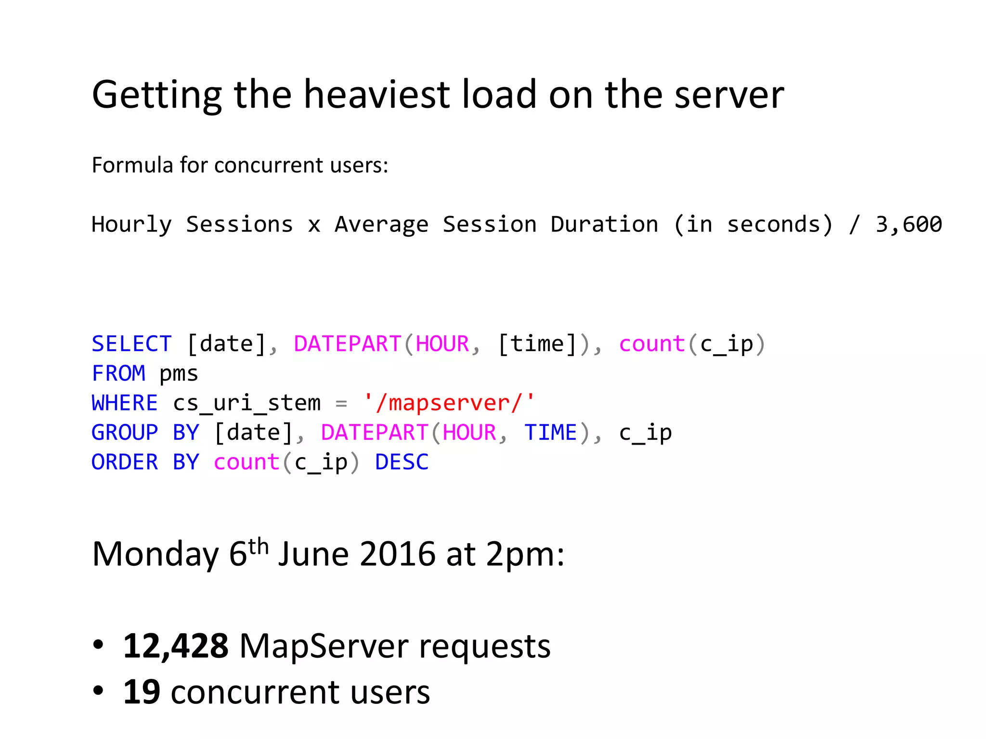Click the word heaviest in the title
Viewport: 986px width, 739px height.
[x=376, y=94]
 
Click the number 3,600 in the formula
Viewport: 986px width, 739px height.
[x=908, y=224]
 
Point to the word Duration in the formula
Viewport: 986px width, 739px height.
[x=604, y=224]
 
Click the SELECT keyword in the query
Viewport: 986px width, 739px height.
[x=131, y=344]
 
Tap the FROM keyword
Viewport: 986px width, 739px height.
[x=118, y=373]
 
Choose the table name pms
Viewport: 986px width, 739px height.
[x=179, y=374]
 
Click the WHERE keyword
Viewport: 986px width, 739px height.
[x=125, y=403]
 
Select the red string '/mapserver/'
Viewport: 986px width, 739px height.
[x=449, y=403]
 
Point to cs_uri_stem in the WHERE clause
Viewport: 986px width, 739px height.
[x=246, y=403]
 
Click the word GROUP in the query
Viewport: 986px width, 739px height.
[x=125, y=433]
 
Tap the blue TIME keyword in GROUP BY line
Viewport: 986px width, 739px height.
[x=550, y=433]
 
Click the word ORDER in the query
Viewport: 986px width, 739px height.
[x=125, y=462]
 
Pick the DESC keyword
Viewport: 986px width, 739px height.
[x=402, y=462]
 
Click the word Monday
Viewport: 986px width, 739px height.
[x=155, y=554]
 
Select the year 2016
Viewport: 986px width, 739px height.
[x=398, y=554]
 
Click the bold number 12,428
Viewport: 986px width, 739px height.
[x=176, y=646]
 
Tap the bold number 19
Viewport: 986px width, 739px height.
[x=142, y=692]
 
